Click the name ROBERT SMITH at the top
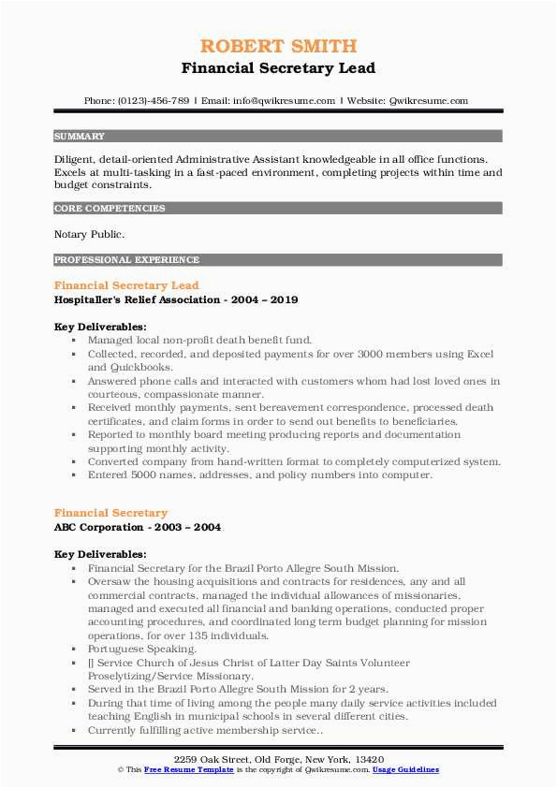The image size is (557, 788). point(278,46)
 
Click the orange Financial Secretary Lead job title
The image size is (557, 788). point(126,285)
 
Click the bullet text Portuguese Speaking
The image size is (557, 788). point(142,648)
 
